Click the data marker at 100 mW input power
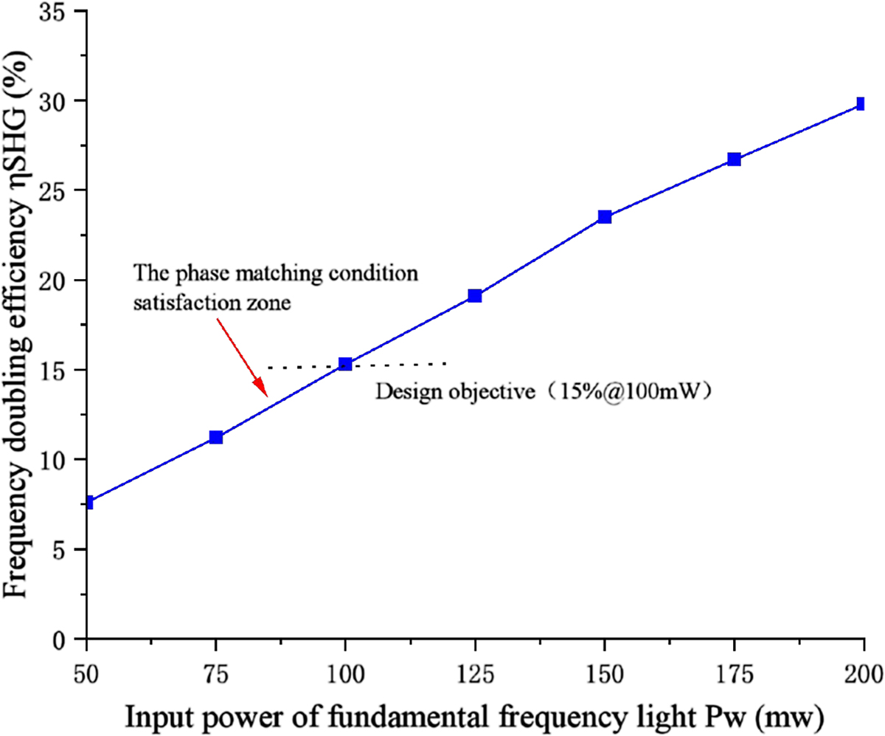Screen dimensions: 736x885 [x=345, y=364]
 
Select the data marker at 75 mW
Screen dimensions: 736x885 [x=216, y=437]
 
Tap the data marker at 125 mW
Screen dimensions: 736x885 [x=475, y=296]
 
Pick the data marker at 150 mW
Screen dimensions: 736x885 [x=605, y=217]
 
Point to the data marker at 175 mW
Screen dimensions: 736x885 [x=734, y=159]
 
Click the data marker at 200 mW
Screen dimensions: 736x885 [x=861, y=104]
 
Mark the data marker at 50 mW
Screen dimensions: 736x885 [x=88, y=503]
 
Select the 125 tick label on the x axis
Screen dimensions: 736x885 [x=475, y=672]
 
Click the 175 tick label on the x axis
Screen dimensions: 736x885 [x=734, y=672]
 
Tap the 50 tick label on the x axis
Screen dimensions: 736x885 [x=87, y=672]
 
